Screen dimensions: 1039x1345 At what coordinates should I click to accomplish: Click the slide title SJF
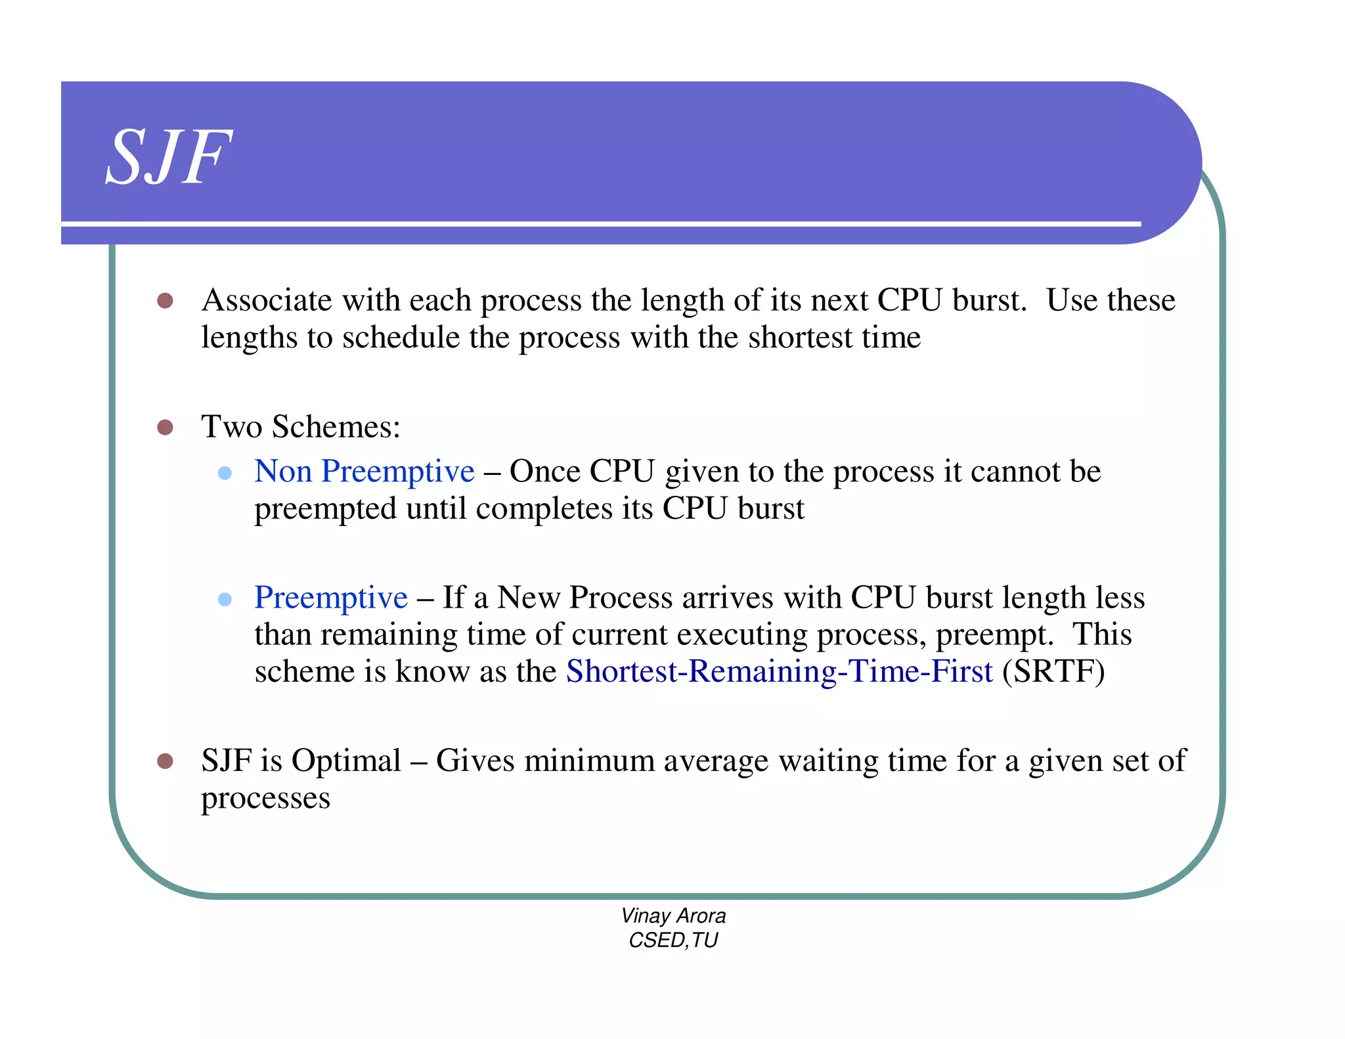(169, 158)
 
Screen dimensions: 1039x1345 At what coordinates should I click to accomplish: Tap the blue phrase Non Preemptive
(364, 472)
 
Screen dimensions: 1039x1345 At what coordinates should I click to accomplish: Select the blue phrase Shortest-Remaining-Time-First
(779, 672)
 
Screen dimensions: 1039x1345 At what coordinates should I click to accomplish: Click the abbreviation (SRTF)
(1053, 672)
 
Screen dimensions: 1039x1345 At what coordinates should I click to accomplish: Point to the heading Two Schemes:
(301, 427)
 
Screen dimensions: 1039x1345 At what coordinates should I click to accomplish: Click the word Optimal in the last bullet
(346, 761)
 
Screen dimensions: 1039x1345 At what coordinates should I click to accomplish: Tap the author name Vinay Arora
(673, 916)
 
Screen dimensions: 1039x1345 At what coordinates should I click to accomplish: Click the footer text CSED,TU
(673, 940)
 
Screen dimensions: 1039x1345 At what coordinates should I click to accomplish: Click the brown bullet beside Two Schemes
(165, 428)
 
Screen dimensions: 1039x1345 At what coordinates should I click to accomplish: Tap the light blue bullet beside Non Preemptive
(225, 473)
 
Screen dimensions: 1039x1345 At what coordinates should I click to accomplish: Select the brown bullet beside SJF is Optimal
(165, 761)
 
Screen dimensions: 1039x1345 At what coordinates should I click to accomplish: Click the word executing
(741, 635)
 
